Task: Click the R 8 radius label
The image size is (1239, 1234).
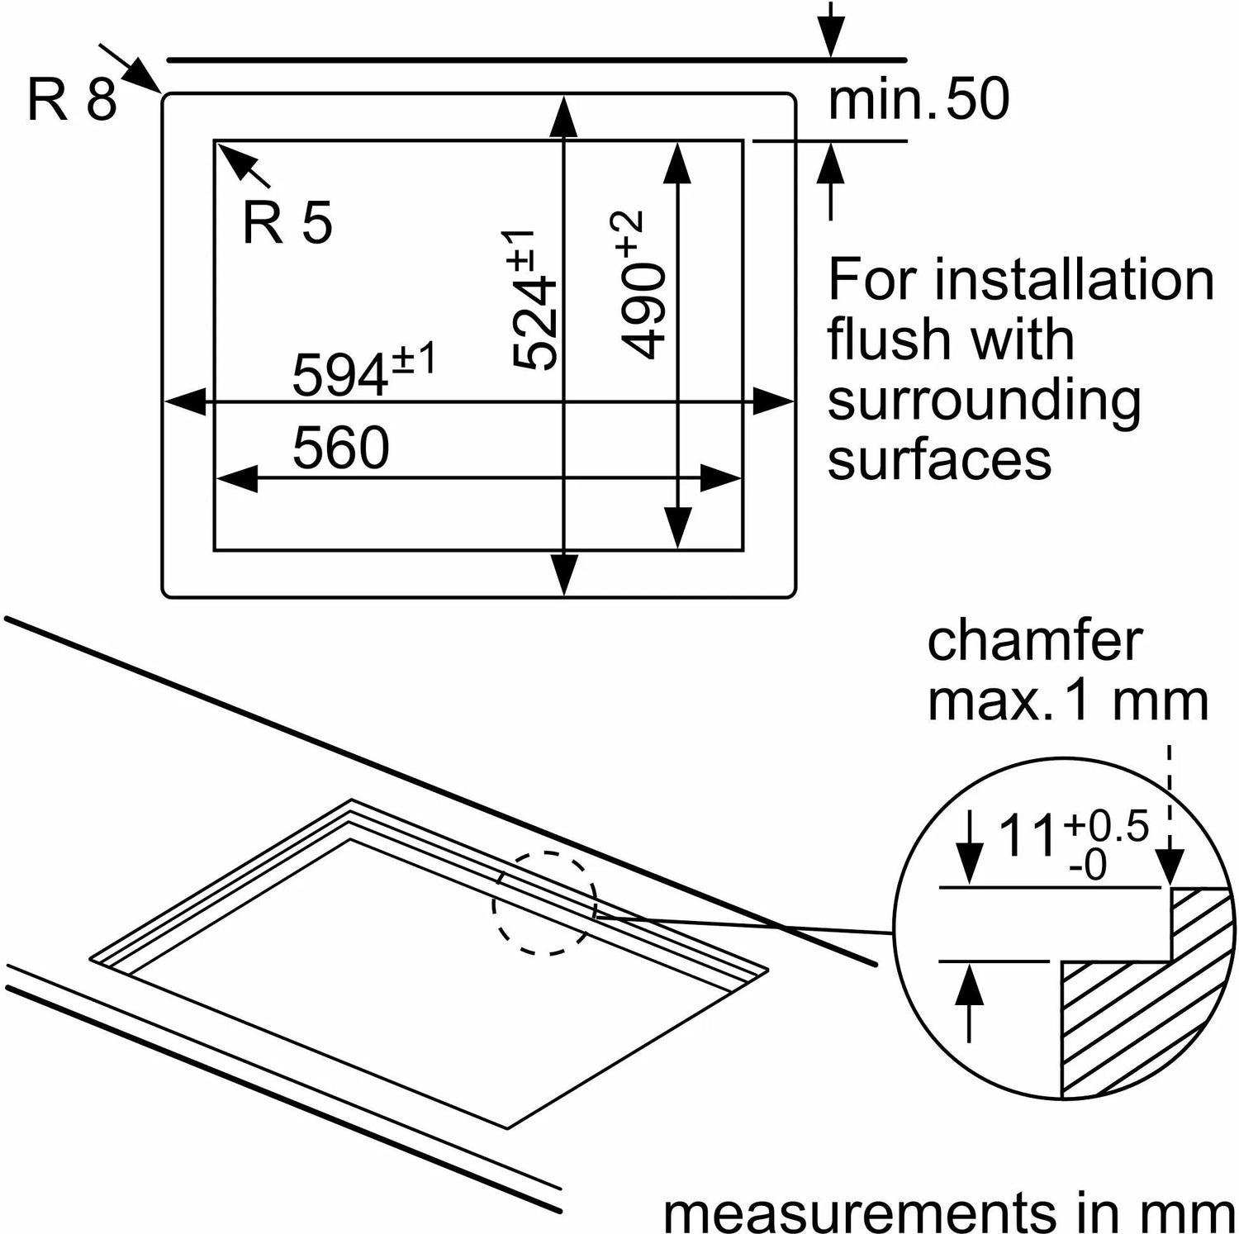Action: tap(72, 101)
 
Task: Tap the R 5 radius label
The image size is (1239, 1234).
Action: tap(287, 222)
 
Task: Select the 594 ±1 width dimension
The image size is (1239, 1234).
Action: tap(363, 371)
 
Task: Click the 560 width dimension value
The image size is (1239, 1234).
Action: tap(340, 448)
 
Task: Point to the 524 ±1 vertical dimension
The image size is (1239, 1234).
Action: tap(532, 301)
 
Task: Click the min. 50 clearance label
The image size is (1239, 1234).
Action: tap(919, 100)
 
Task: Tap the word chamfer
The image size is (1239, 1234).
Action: tap(1034, 641)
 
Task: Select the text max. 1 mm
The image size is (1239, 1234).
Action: tap(1067, 701)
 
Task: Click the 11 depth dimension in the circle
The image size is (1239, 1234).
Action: tap(1028, 836)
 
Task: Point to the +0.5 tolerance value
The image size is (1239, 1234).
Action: tap(1106, 826)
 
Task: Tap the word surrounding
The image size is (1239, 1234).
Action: tap(984, 400)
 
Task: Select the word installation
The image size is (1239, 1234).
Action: tap(1075, 280)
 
